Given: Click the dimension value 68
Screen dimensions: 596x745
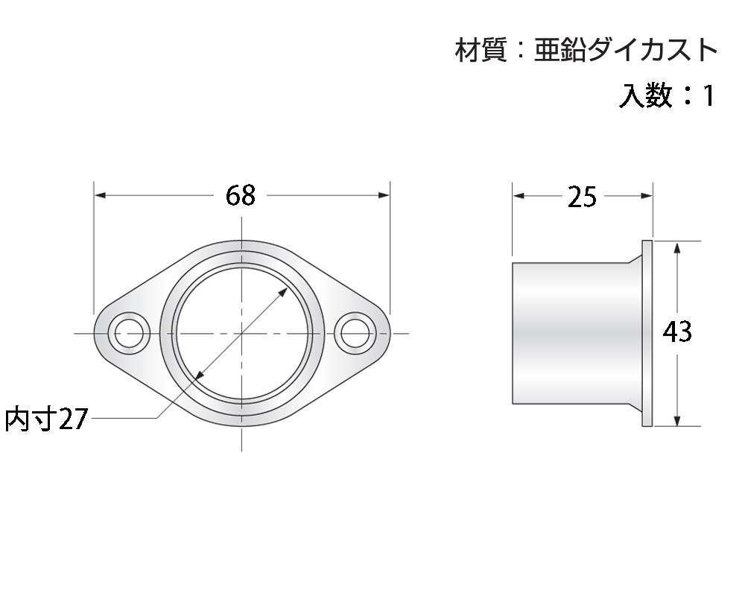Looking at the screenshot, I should click(241, 195).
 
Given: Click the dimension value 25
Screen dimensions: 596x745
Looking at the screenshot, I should click(582, 197).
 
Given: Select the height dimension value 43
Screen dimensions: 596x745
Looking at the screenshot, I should click(677, 332).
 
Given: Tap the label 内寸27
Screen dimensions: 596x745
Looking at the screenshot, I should click(46, 419).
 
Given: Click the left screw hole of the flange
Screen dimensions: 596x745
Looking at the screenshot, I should click(130, 333).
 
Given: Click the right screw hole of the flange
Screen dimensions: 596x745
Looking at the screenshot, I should click(354, 333).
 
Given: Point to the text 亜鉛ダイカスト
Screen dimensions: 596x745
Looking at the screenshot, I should click(626, 51).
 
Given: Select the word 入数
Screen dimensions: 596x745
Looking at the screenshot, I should click(645, 95).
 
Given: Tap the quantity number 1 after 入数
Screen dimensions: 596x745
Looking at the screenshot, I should click(708, 95).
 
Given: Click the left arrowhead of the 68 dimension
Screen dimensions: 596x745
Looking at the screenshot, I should click(100, 195).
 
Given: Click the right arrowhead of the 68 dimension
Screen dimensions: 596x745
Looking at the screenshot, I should click(384, 195).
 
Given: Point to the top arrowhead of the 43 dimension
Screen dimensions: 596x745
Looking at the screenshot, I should click(676, 247).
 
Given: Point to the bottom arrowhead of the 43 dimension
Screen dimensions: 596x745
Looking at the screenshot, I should click(676, 421).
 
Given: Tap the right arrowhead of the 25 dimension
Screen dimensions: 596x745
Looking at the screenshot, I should click(647, 196).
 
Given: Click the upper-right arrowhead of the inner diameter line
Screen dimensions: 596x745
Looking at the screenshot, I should click(285, 290).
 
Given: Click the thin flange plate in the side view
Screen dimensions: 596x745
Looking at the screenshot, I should click(647, 333).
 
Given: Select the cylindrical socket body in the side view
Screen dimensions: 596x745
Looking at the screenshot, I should click(574, 333).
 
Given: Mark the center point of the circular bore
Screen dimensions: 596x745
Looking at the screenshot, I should click(242, 333).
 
